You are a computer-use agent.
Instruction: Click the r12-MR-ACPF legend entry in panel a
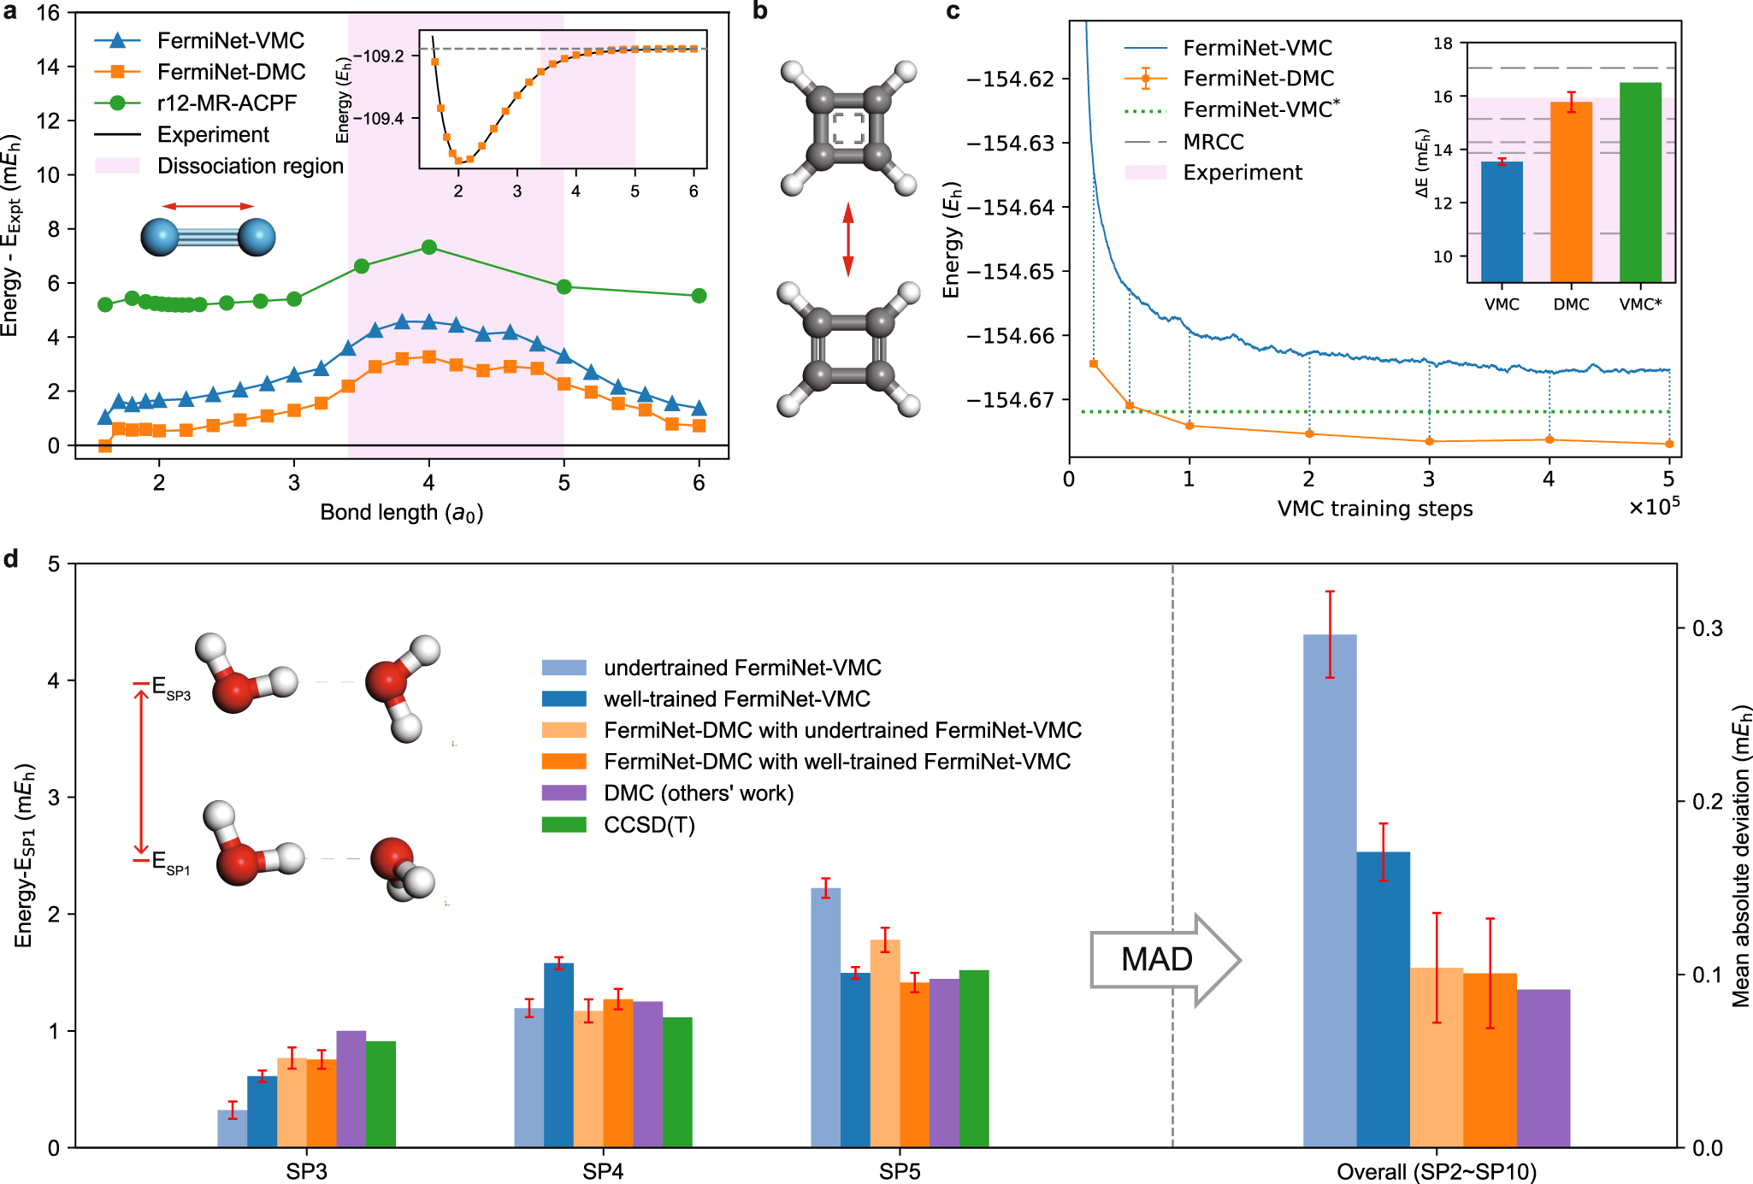click(x=227, y=103)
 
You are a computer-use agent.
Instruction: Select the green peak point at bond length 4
click(x=429, y=247)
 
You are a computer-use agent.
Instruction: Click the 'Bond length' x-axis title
click(x=401, y=512)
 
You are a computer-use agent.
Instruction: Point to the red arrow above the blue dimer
click(x=208, y=206)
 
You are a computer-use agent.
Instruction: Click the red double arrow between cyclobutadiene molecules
click(x=847, y=239)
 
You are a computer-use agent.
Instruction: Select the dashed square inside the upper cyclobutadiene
click(x=848, y=128)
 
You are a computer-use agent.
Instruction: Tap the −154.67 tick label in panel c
click(x=1011, y=400)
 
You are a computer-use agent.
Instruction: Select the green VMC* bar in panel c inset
click(x=1640, y=181)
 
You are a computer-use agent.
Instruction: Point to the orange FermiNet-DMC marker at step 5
click(x=1669, y=444)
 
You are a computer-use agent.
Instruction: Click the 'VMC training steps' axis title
click(x=1375, y=509)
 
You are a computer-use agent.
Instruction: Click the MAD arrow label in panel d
click(x=1156, y=959)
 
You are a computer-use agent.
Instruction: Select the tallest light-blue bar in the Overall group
click(x=1330, y=889)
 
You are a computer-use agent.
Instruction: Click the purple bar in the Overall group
click(x=1543, y=1068)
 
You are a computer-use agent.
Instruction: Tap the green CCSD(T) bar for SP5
click(x=974, y=1057)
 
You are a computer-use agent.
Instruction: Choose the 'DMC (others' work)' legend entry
click(x=698, y=793)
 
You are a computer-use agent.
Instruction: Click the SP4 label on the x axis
click(x=603, y=1171)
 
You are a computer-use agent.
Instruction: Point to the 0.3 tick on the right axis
click(x=1707, y=628)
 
